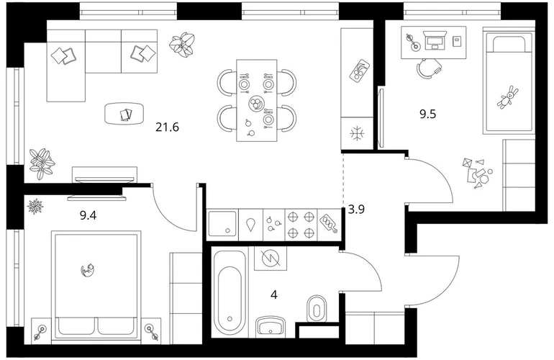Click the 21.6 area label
coord(167,127)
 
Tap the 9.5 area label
coord(428,114)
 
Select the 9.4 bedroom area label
coord(88,215)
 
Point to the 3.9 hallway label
coord(356,210)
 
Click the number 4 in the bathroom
coord(274,294)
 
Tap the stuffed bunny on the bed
coord(508,96)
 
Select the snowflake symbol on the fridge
coord(358,133)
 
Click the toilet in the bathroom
coord(317,309)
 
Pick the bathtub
coord(230,293)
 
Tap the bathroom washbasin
coord(271,325)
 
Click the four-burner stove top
coord(301,224)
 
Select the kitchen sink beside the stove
coord(222,224)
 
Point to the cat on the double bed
coord(88,270)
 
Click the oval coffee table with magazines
coord(124,113)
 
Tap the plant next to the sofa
coord(182,44)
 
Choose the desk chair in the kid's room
coord(428,68)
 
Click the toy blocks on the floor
coord(477,174)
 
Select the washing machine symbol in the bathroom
coord(271,258)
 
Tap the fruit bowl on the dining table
coord(256,104)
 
